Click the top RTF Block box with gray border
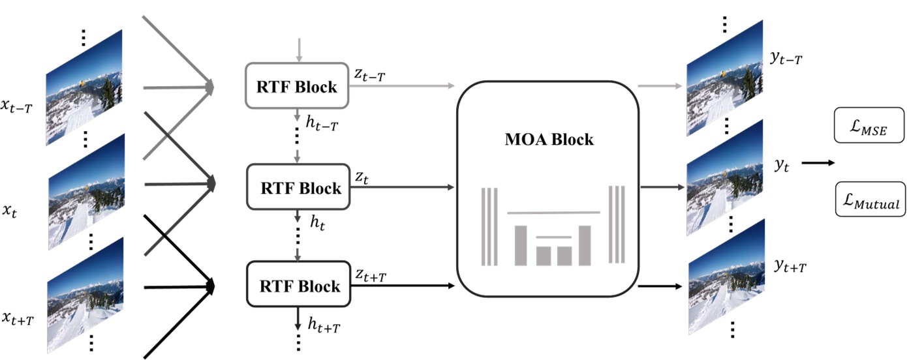(x=298, y=85)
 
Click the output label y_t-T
(x=786, y=59)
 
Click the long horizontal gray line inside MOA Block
(x=553, y=213)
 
